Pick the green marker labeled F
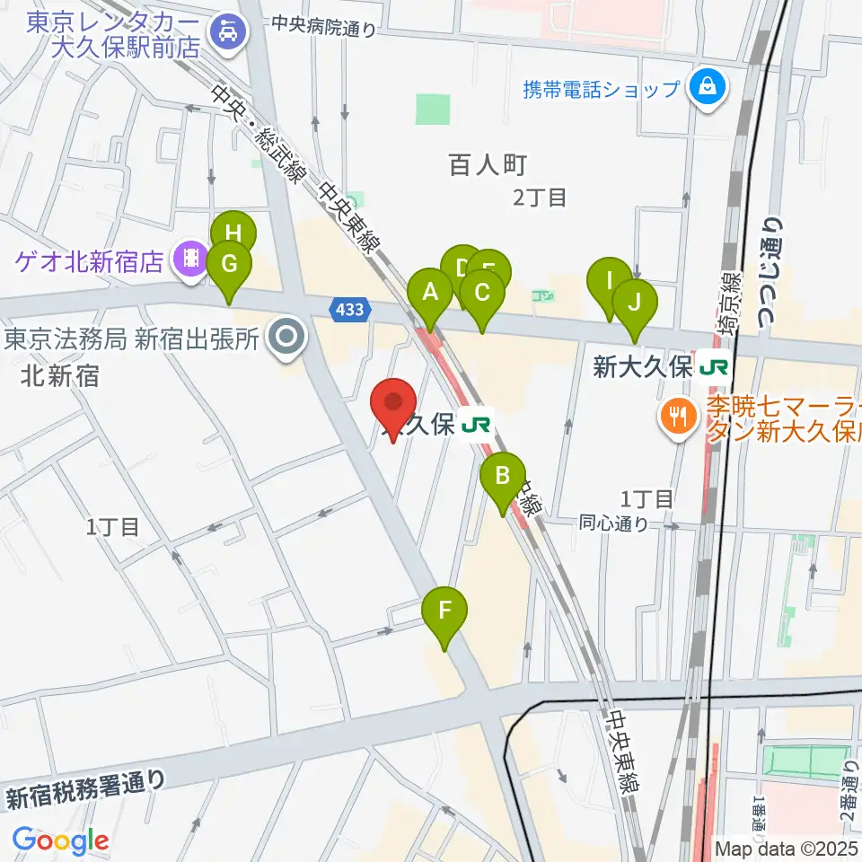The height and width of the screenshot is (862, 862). (x=445, y=614)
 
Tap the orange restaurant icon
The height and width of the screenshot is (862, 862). (x=674, y=414)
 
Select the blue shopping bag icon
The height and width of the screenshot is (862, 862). (x=708, y=88)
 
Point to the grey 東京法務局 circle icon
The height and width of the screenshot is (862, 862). (x=287, y=339)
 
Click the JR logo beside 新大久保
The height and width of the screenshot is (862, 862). (x=716, y=367)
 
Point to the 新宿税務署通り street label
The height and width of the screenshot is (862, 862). (x=86, y=788)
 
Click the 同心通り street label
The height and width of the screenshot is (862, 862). (x=613, y=522)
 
